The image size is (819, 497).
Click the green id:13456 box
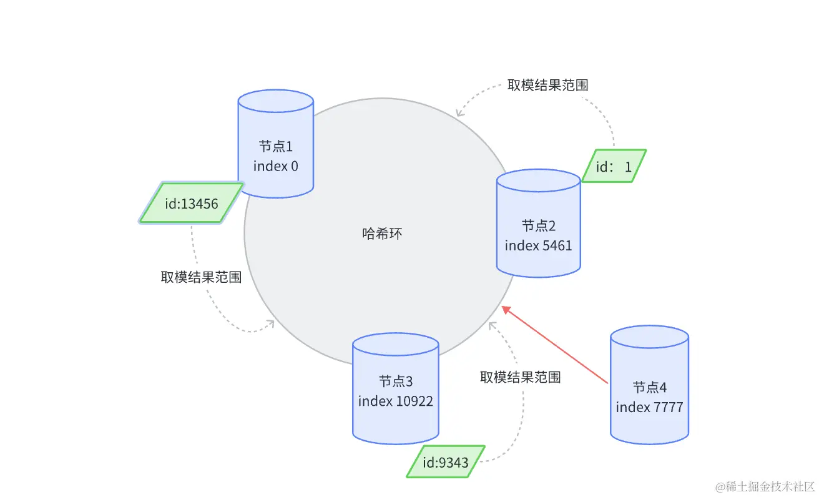click(191, 203)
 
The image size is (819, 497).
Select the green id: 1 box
click(614, 166)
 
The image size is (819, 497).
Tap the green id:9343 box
click(445, 462)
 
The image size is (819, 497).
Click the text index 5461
click(538, 245)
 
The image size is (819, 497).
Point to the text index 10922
click(395, 400)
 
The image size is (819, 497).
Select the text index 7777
click(649, 407)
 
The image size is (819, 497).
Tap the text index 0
click(275, 166)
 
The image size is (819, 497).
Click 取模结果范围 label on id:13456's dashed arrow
click(201, 277)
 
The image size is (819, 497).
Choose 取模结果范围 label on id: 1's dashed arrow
click(547, 86)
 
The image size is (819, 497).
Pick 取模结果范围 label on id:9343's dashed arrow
click(520, 377)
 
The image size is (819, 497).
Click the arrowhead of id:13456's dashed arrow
click(272, 323)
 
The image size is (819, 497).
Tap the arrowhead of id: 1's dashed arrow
click(459, 112)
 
